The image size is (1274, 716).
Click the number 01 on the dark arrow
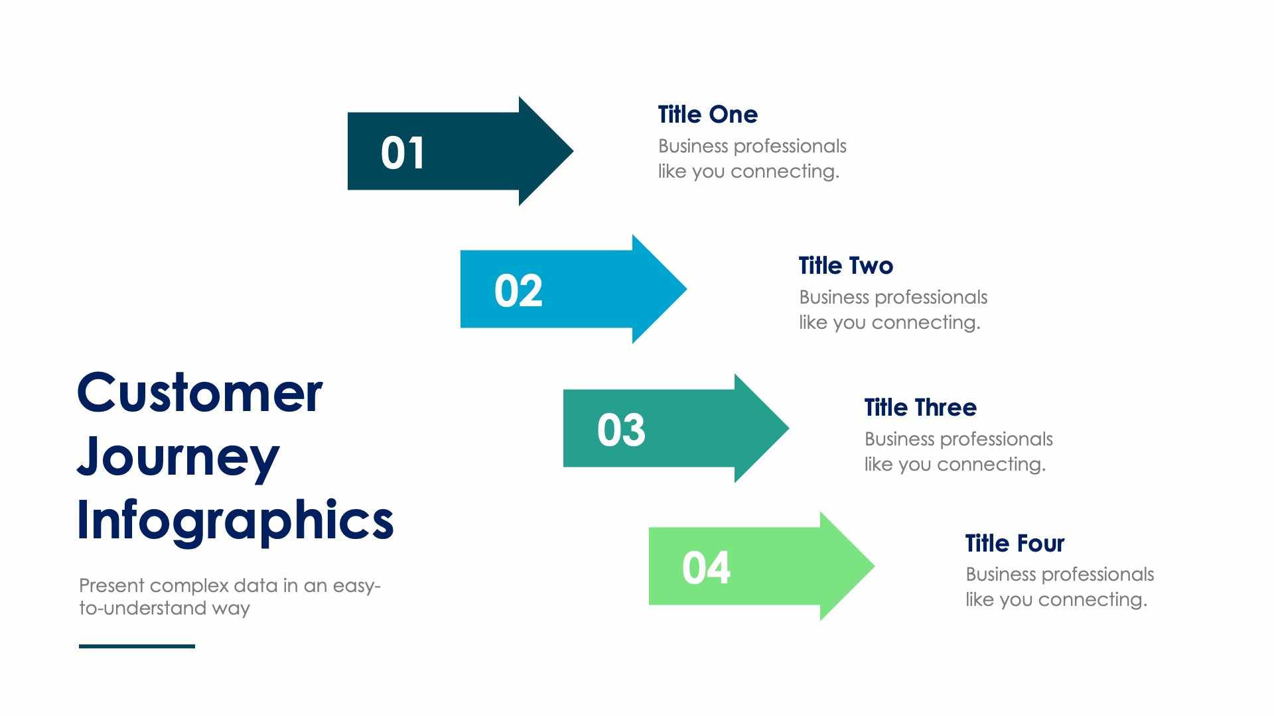(x=402, y=153)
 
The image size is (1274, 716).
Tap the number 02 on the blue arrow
(x=518, y=291)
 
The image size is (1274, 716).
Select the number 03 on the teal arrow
(x=621, y=430)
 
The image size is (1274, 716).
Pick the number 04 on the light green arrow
(x=706, y=568)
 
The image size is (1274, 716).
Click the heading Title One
(x=707, y=115)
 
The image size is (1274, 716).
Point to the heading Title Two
(x=845, y=266)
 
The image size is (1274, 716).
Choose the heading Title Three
(x=920, y=408)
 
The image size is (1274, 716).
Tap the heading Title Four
(x=1014, y=544)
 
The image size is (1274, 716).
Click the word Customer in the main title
(x=200, y=392)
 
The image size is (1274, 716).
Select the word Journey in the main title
(x=178, y=457)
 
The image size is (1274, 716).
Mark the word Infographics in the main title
(x=235, y=521)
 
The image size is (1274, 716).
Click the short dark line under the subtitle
(x=137, y=646)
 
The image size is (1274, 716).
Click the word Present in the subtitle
(x=111, y=586)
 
